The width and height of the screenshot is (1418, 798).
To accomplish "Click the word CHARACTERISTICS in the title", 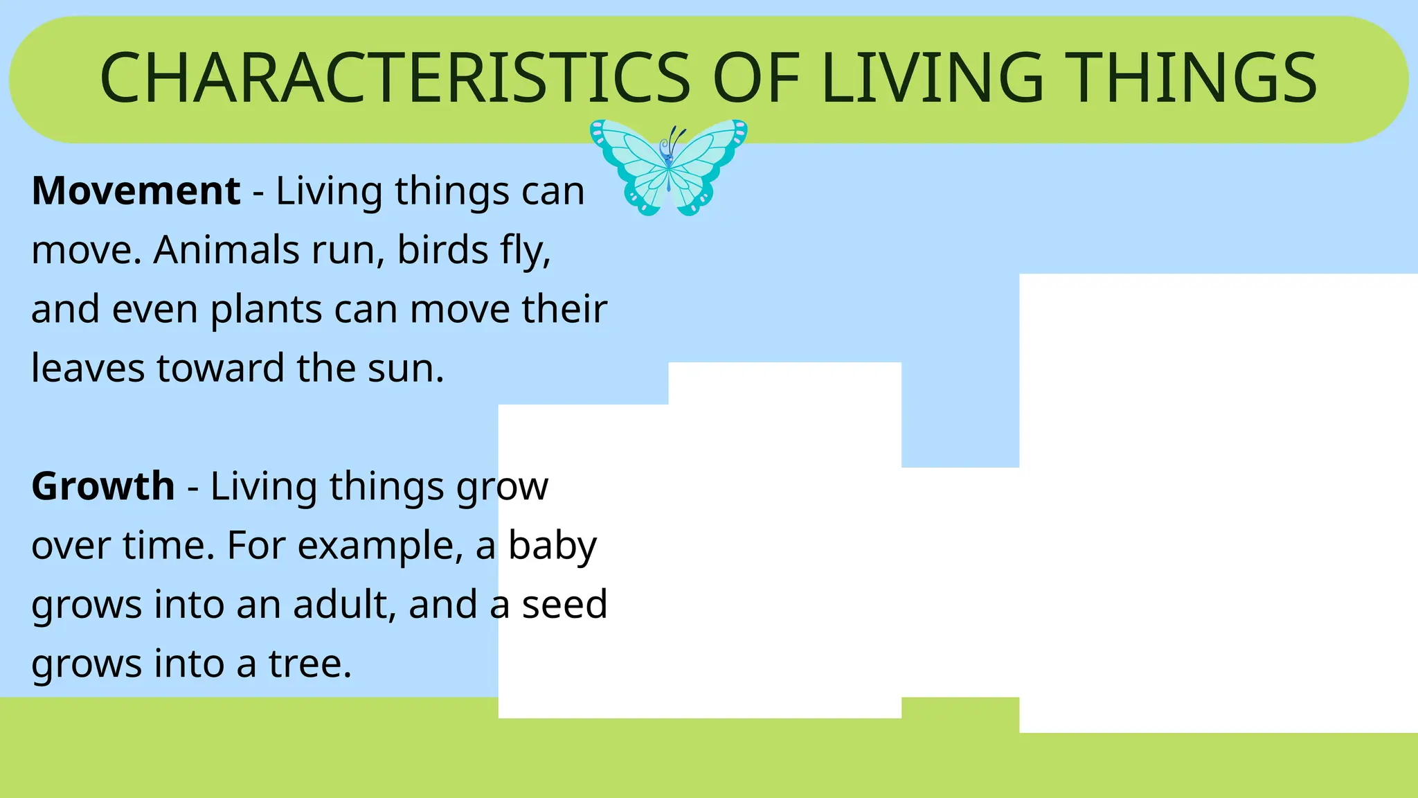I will pos(395,78).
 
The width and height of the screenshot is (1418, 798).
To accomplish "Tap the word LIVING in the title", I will pos(931,78).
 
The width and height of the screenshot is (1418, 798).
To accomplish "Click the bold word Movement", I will pos(136,190).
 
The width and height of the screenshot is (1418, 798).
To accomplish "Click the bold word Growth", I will pos(102,486).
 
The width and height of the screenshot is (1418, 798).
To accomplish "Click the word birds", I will pos(442,249).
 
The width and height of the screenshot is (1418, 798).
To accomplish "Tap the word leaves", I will pos(87,368).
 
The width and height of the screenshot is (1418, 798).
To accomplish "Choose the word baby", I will pos(552,546).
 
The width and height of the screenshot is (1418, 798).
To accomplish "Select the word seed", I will pos(564,604).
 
